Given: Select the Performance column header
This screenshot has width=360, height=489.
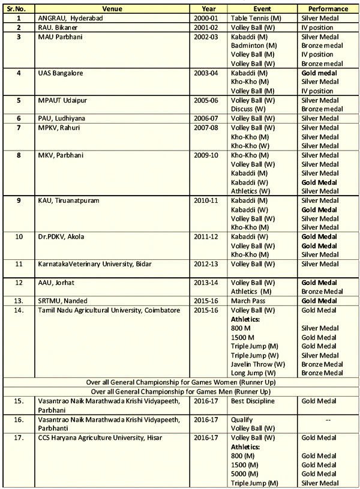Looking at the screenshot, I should tap(328, 9).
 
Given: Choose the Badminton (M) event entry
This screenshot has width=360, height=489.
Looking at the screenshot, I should tap(253, 45).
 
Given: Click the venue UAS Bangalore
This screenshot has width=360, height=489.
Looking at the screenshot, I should tap(60, 73).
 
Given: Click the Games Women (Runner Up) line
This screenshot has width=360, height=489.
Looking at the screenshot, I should tap(180, 382).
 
